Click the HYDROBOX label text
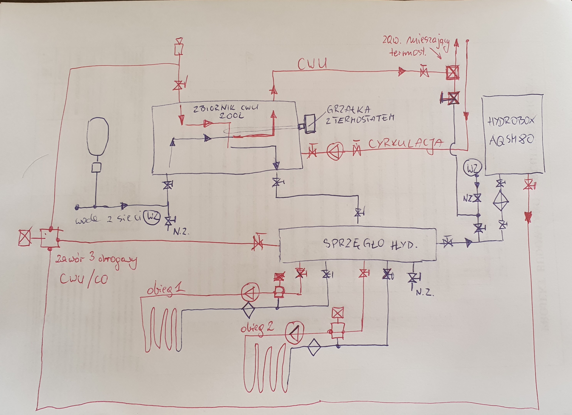511,122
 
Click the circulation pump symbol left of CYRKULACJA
335,151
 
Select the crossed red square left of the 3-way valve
25,238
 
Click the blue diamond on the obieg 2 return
314,347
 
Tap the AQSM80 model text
512,140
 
